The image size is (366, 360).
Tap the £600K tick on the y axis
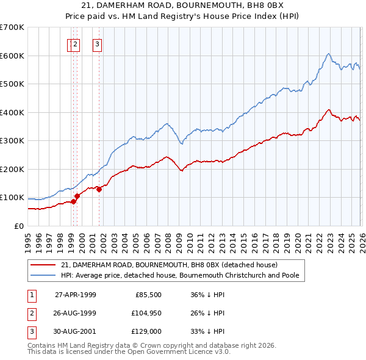(x=12, y=56)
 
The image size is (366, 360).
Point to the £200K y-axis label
(x=12, y=169)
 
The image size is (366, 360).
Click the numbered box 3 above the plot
(x=97, y=44)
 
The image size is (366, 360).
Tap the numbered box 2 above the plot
(x=75, y=44)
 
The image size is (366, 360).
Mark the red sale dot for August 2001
(x=99, y=189)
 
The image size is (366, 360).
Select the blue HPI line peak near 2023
(x=328, y=54)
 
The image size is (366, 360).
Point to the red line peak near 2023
(x=329, y=110)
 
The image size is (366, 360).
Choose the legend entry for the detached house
(x=169, y=265)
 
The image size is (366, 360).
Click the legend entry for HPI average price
(x=179, y=275)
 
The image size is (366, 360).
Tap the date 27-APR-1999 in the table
(x=76, y=295)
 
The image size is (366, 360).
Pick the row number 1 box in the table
(x=30, y=295)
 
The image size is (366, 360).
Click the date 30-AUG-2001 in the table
(x=76, y=331)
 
